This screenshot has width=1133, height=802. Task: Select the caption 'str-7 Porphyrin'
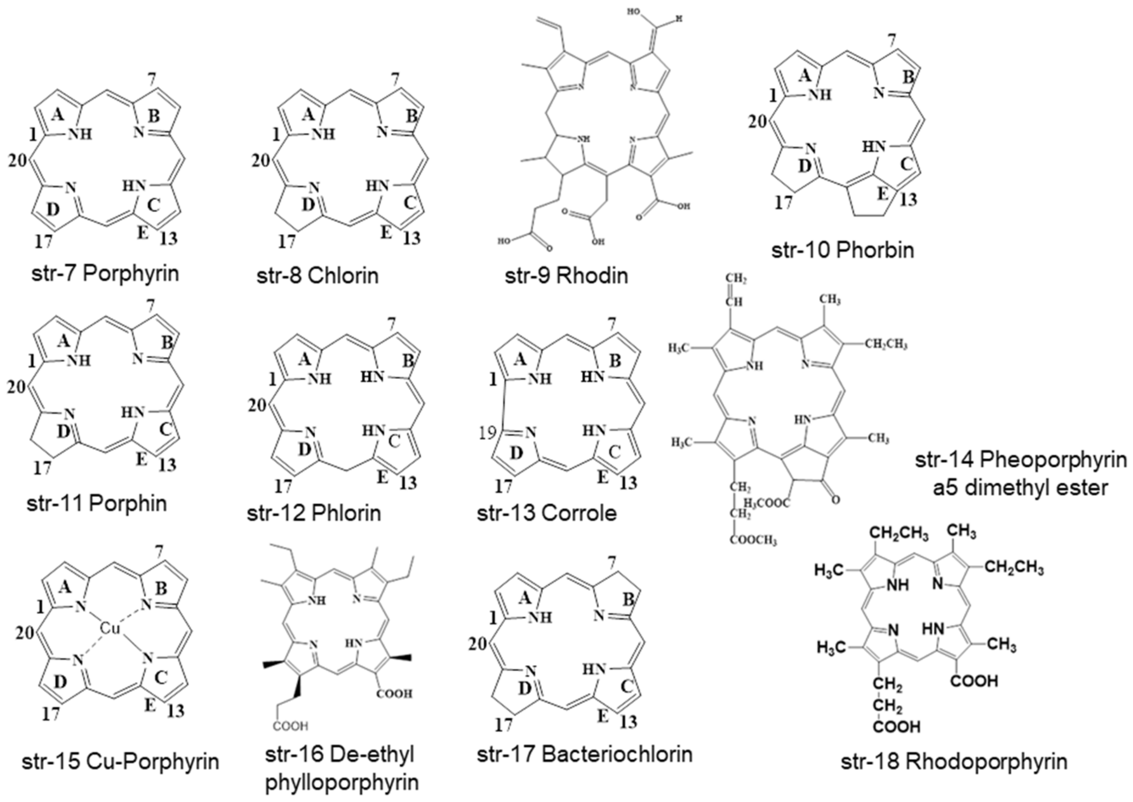pyautogui.click(x=105, y=274)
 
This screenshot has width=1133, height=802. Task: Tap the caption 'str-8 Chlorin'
pyautogui.click(x=318, y=275)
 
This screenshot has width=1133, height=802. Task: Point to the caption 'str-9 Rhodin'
pyautogui.click(x=566, y=275)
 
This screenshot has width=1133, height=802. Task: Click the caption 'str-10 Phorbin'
pyautogui.click(x=842, y=250)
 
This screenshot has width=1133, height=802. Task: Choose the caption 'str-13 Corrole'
pyautogui.click(x=547, y=513)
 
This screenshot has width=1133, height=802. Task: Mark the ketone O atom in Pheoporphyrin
pyautogui.click(x=835, y=500)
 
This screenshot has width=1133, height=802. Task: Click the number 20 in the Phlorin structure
pyautogui.click(x=257, y=406)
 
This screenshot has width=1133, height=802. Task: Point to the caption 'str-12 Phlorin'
pyautogui.click(x=314, y=513)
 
